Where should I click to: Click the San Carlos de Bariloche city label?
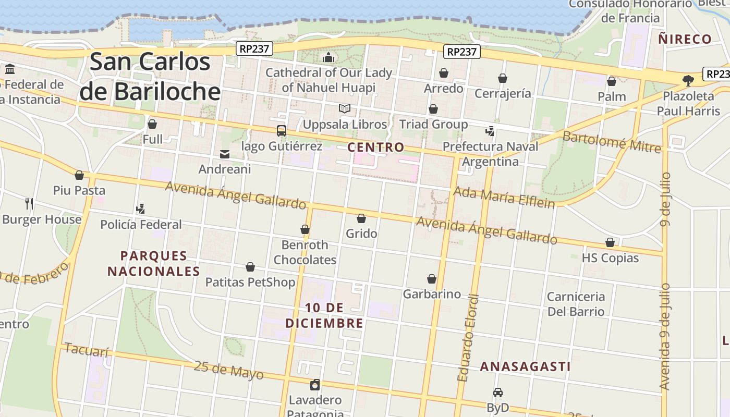tap(150, 77)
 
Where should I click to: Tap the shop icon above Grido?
tap(361, 218)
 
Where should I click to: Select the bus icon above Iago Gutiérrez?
tap(282, 131)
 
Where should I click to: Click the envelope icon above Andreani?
tap(225, 154)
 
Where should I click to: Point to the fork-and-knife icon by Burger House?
tap(29, 203)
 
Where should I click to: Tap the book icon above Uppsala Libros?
tap(344, 109)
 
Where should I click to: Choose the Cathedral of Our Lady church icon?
tap(328, 57)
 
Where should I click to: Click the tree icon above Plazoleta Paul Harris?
tap(688, 80)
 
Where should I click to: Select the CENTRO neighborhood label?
tap(376, 148)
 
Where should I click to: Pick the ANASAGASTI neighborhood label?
tap(525, 366)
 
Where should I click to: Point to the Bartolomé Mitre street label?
tap(612, 142)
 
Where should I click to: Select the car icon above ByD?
tap(498, 392)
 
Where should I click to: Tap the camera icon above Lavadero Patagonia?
tap(315, 385)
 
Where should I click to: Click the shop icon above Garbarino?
tap(432, 279)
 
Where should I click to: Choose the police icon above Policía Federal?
tap(140, 209)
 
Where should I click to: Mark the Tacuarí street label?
tap(87, 350)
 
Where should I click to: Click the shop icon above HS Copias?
tap(610, 243)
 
